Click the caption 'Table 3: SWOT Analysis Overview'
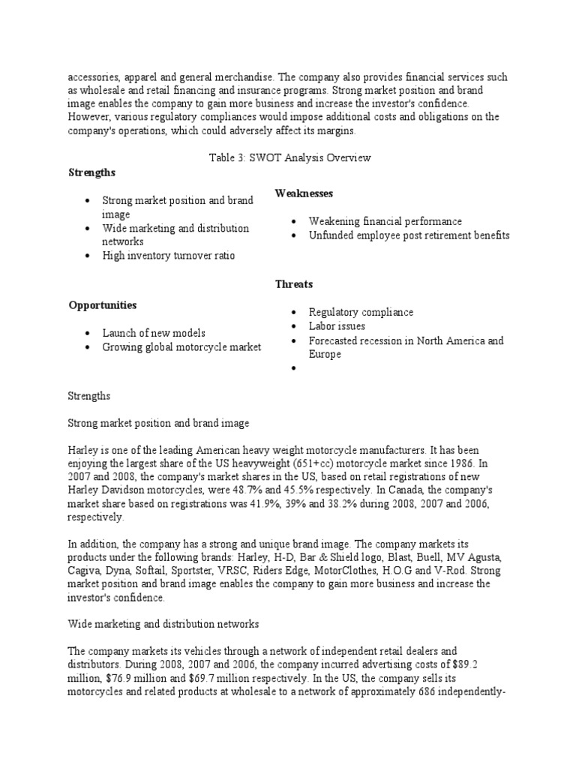[x=289, y=158]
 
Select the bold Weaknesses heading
[x=304, y=193]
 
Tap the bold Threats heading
[x=294, y=284]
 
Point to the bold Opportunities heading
[x=103, y=305]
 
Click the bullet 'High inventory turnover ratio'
[x=168, y=256]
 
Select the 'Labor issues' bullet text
[x=337, y=326]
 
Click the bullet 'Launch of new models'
[x=153, y=333]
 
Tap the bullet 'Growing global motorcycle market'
[x=181, y=346]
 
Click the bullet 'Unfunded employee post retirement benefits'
[x=409, y=235]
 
